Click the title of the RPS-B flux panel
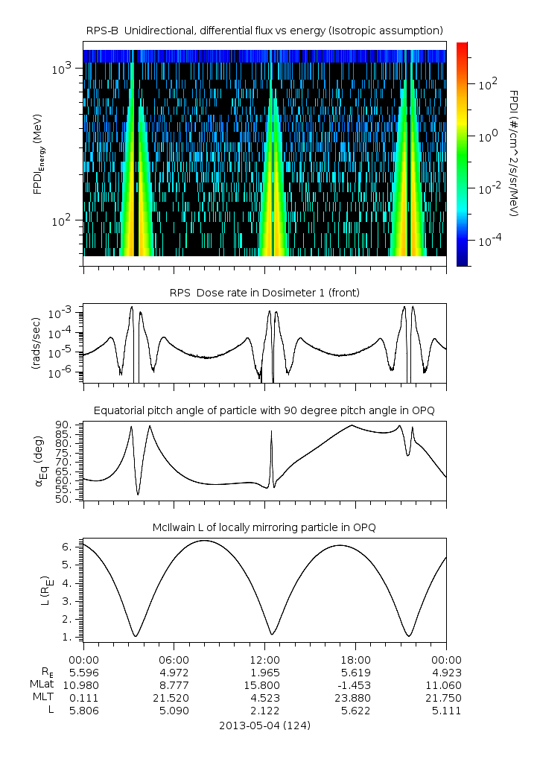tap(264, 30)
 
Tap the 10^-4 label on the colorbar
tap(489, 241)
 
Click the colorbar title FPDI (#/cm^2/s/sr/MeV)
tap(515, 153)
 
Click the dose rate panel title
tap(264, 293)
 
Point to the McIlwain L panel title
tap(264, 527)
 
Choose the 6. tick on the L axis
tap(68, 547)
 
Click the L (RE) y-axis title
tap(37, 589)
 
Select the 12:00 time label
tap(264, 659)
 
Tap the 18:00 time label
tap(355, 659)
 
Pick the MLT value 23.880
tap(355, 698)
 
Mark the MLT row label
tap(39, 698)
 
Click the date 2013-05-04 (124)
tap(264, 725)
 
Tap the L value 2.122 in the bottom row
tap(264, 711)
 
